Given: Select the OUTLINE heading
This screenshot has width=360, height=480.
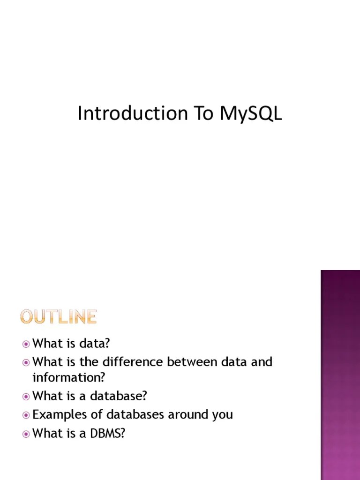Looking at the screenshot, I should click(59, 317).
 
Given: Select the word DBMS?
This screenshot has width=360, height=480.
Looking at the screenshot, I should click(109, 434).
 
